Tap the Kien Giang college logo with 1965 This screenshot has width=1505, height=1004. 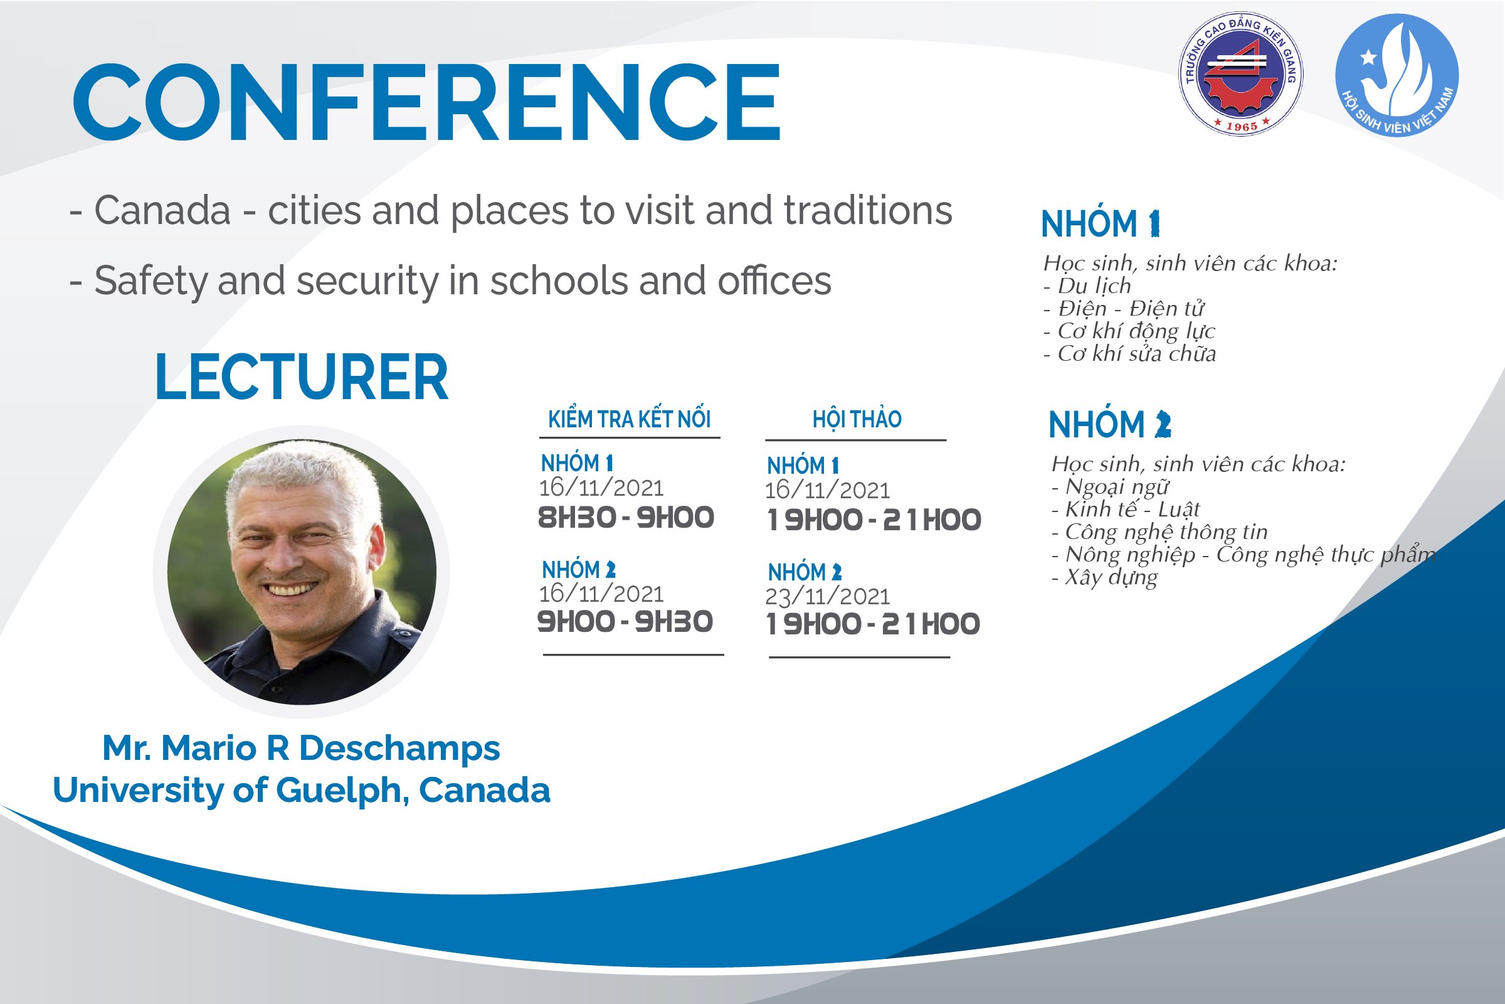(x=1241, y=73)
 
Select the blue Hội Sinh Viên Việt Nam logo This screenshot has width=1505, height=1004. (x=1397, y=75)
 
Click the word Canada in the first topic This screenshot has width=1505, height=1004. (x=162, y=211)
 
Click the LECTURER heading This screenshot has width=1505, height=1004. (x=302, y=377)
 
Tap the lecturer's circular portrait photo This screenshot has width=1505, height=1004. (x=302, y=572)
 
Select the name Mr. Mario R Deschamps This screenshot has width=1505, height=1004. (x=302, y=748)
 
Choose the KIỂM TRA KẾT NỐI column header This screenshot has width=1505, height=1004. (x=630, y=419)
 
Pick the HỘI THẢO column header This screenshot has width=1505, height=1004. (x=857, y=419)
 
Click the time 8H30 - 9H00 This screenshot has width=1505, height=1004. (x=626, y=517)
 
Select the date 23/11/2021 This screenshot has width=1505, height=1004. (x=827, y=597)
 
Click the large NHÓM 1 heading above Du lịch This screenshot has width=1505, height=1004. (x=1101, y=224)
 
